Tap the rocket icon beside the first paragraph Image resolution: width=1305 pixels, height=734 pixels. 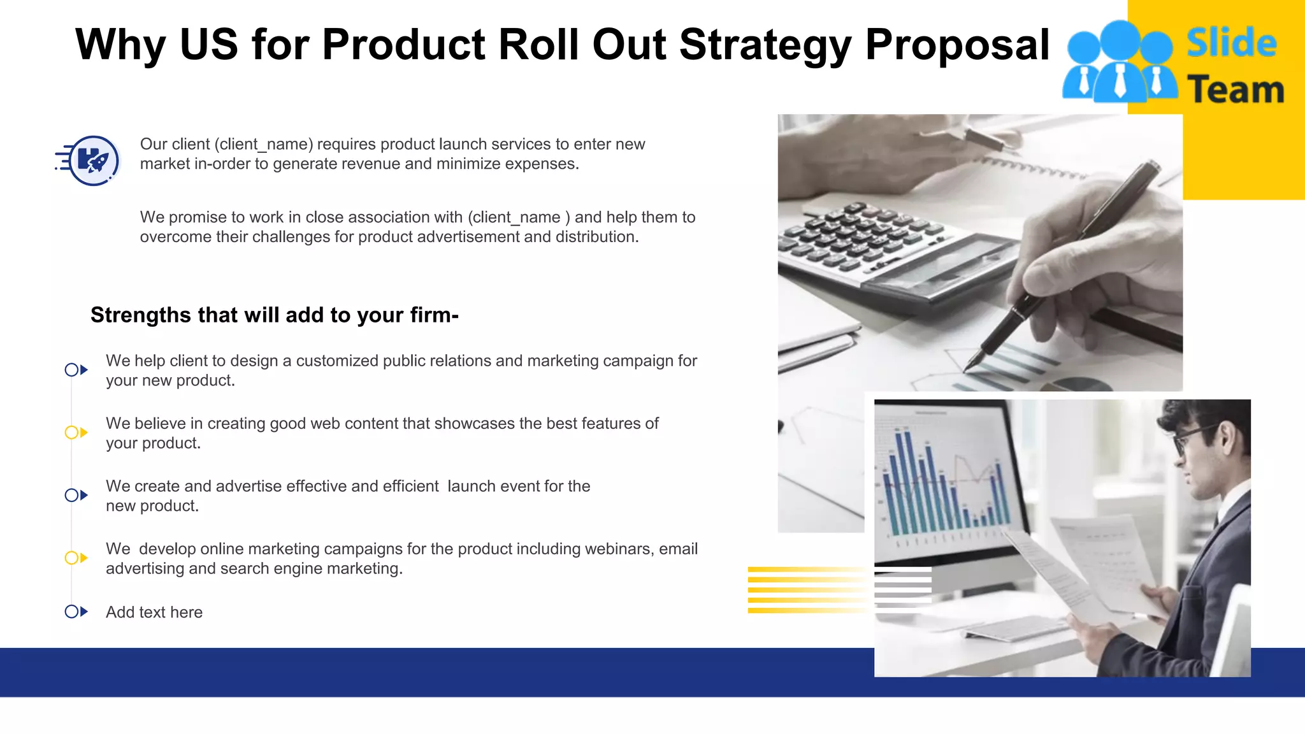coord(93,161)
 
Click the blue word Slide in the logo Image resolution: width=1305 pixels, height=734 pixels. coord(1231,43)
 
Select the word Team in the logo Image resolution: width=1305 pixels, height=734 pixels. coord(1236,89)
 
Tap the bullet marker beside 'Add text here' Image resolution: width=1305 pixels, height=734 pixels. coord(76,612)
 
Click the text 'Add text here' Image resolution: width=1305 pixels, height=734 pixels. coord(154,612)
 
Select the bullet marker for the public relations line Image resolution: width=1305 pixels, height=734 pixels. coord(76,370)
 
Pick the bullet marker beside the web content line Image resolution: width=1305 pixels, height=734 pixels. coord(76,433)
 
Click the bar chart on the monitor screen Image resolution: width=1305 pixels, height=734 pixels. coord(943,484)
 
